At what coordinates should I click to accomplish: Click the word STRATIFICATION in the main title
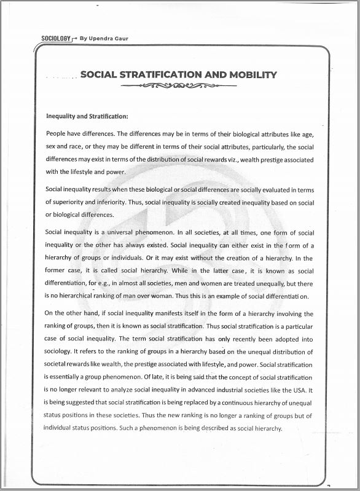point(155,75)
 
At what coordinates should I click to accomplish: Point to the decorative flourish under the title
point(179,87)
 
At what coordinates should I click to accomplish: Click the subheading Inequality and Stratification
point(87,116)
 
